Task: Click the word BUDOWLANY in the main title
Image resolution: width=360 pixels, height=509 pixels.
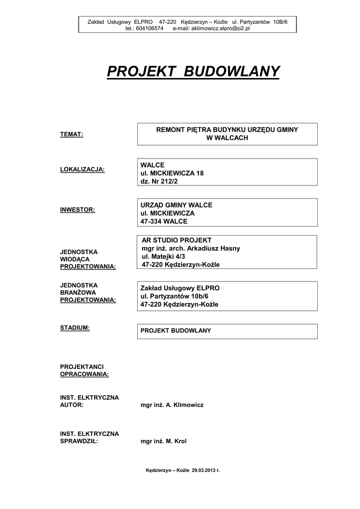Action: click(232, 72)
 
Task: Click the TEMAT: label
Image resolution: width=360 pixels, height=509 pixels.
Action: click(72, 134)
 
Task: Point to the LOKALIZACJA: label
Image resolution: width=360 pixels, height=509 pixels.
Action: click(82, 170)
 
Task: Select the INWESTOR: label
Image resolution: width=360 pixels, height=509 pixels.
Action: click(77, 209)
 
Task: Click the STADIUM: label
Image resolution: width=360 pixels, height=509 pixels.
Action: click(75, 328)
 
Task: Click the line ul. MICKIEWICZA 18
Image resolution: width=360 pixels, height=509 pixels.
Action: click(172, 173)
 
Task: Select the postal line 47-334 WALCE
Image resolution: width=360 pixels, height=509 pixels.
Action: click(164, 222)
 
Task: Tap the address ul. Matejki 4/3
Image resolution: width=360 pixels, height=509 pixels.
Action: click(163, 256)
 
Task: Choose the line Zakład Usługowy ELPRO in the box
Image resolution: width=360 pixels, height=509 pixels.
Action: click(180, 288)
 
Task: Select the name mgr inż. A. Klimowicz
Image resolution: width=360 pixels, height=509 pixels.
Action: click(172, 405)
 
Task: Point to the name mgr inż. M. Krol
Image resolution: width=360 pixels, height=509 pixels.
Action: click(164, 441)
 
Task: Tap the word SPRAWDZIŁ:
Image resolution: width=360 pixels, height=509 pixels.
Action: click(79, 441)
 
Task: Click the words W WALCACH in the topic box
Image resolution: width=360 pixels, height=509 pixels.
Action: click(227, 138)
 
